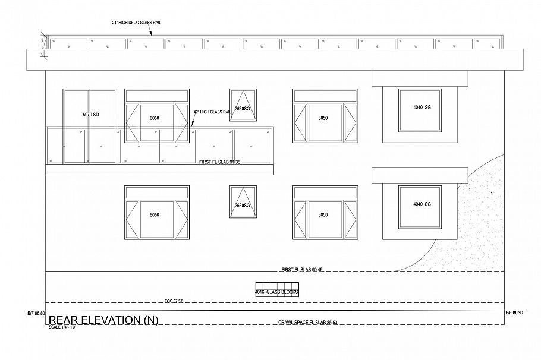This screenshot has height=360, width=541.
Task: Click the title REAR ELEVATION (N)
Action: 103,321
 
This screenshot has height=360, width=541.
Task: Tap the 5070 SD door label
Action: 90,113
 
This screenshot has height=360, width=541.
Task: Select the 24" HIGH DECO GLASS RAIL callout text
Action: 136,22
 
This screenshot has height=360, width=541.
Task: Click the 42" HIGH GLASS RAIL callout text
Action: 212,112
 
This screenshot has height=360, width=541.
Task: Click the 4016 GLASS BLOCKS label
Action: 276,292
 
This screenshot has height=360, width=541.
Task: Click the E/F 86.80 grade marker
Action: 36,313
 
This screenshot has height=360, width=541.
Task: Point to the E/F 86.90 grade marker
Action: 514,313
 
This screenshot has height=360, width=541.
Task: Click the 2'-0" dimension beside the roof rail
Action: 43,45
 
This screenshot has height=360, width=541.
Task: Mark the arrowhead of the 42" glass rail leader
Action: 192,125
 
